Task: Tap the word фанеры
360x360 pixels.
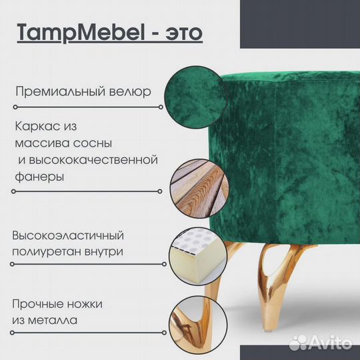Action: [x=39, y=178]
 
